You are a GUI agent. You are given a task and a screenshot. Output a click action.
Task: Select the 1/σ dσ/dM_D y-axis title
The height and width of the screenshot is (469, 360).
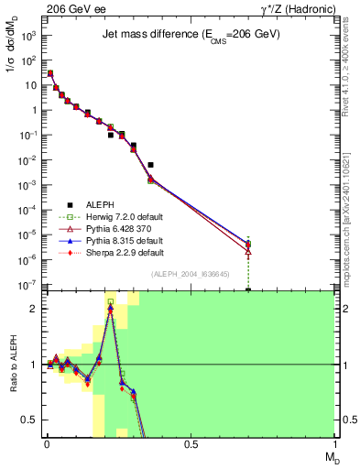pos(12,64)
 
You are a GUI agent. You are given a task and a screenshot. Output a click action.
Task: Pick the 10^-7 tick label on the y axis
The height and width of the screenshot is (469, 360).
pos(30,286)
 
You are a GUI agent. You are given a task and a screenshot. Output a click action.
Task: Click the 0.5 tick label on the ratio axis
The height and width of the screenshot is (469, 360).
pos(30,420)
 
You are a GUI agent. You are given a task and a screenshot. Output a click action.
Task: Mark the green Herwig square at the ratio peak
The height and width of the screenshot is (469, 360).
pos(111,301)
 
